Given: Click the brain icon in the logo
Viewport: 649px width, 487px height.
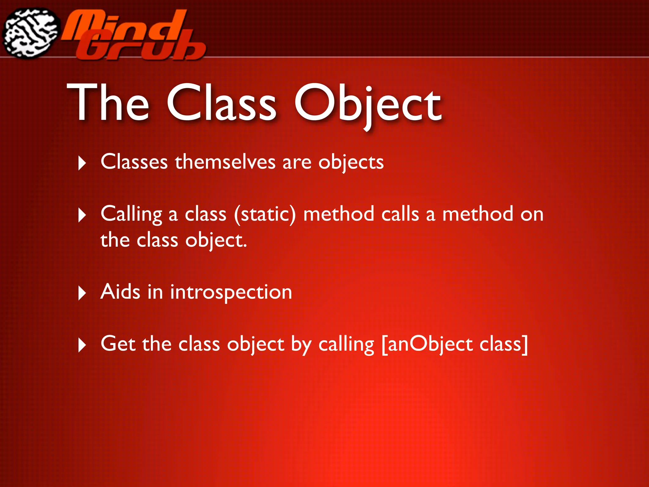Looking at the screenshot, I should tap(31, 33).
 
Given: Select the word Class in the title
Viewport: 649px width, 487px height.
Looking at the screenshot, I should tap(222, 103).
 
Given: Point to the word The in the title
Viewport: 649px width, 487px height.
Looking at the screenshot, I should tap(108, 103).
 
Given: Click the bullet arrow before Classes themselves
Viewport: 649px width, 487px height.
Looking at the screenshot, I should tap(82, 163).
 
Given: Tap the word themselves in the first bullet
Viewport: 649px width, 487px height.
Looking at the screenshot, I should tap(225, 162).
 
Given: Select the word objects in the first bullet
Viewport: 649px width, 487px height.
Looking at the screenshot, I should tap(351, 163).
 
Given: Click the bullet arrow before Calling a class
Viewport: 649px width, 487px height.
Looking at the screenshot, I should tap(82, 215).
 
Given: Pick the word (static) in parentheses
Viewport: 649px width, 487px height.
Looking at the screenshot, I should tap(265, 214).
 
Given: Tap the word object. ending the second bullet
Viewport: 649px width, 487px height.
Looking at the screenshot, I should tap(216, 240).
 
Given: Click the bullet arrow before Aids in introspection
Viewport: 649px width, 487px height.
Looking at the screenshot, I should tap(82, 293).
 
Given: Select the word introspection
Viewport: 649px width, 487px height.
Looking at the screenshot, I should tap(231, 292).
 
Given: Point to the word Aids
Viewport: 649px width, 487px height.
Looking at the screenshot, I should tap(120, 291).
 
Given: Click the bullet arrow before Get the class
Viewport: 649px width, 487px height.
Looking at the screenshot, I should tap(82, 345).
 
